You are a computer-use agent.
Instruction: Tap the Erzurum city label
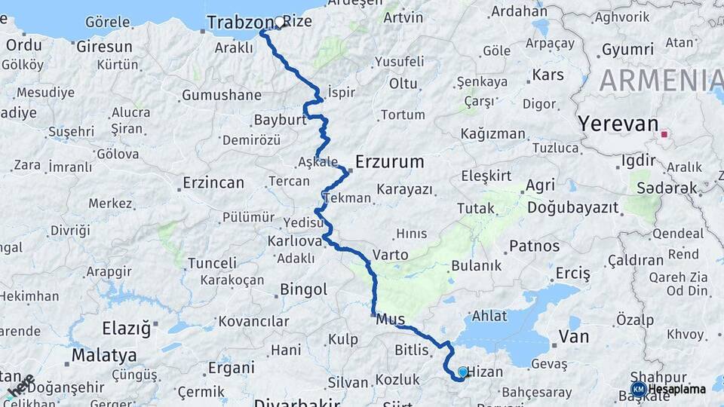[x=389, y=162]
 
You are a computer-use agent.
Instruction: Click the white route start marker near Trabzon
[x=280, y=23]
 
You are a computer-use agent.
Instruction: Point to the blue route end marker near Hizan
[x=462, y=372]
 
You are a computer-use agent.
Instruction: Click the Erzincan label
[x=213, y=183]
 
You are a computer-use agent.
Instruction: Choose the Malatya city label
[x=104, y=354]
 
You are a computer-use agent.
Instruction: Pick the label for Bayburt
[x=279, y=121]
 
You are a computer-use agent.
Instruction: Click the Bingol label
[x=303, y=289]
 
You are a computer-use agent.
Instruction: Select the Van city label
[x=573, y=336]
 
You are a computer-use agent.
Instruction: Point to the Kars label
[x=548, y=75]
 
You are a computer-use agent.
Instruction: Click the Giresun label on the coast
[x=104, y=47]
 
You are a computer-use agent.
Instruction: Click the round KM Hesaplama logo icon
[x=638, y=389]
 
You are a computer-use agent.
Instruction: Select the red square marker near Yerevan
[x=664, y=135]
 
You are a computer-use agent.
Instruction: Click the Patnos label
[x=535, y=246]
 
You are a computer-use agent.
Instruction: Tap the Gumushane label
[x=221, y=96]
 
